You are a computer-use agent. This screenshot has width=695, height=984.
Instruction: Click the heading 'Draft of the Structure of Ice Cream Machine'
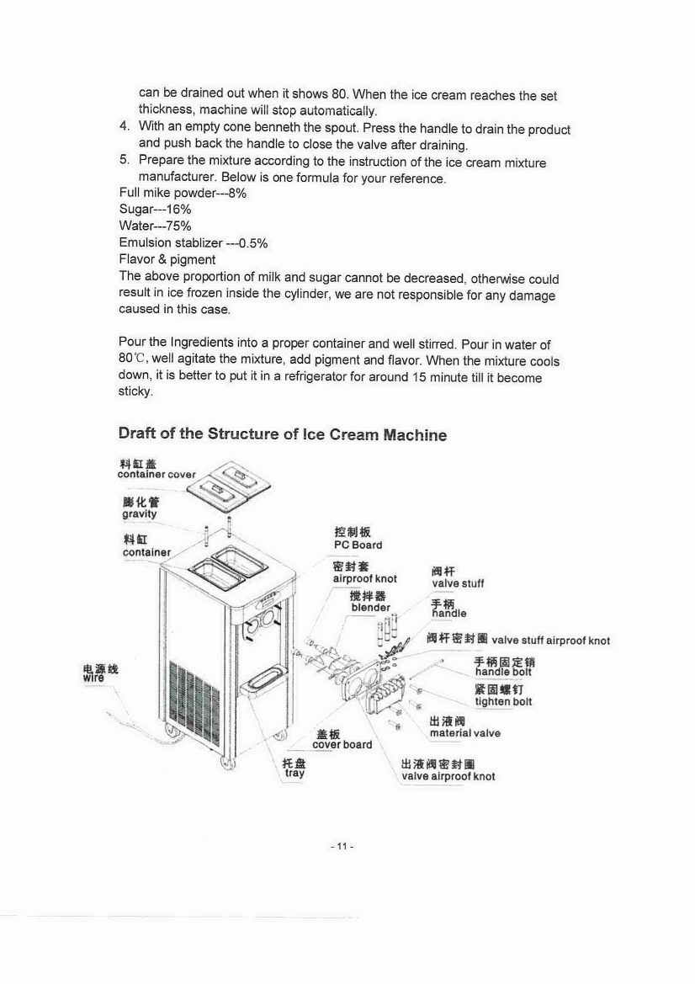pyautogui.click(x=282, y=434)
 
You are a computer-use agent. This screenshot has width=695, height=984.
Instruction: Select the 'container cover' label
pyautogui.click(x=156, y=474)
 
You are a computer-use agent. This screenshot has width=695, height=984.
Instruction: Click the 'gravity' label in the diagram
pyautogui.click(x=139, y=513)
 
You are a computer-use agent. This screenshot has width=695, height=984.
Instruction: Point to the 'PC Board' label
pyautogui.click(x=358, y=545)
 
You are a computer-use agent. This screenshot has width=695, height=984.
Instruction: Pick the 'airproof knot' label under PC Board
pyautogui.click(x=365, y=579)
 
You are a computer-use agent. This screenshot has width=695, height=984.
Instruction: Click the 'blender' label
pyautogui.click(x=370, y=607)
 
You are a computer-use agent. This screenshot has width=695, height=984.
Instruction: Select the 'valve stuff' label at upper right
pyautogui.click(x=458, y=583)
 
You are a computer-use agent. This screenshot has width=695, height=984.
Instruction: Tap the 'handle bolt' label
pyautogui.click(x=503, y=672)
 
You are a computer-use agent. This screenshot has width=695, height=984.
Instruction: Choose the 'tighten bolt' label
pyautogui.click(x=503, y=701)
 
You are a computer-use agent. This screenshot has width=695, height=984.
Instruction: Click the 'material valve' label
pyautogui.click(x=464, y=732)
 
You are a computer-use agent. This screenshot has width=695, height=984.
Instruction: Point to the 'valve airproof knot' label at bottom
pyautogui.click(x=448, y=776)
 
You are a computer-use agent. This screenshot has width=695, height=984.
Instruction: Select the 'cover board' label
pyautogui.click(x=342, y=744)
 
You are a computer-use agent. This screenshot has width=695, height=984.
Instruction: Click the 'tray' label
pyautogui.click(x=294, y=773)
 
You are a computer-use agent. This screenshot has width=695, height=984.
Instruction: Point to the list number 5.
pyautogui.click(x=124, y=161)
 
